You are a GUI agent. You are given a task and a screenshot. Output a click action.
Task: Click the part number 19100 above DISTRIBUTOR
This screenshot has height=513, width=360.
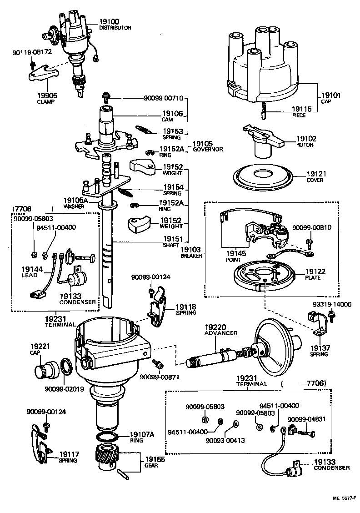[x=109, y=21]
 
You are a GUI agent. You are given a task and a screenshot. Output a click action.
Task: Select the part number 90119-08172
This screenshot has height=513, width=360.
[x=32, y=52]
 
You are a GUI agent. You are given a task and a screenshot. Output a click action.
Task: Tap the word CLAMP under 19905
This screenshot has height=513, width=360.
[x=45, y=102]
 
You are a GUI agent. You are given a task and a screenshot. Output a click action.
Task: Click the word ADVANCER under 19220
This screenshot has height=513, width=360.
[x=221, y=333]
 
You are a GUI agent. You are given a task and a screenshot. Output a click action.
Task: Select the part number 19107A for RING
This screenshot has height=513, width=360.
[x=142, y=434]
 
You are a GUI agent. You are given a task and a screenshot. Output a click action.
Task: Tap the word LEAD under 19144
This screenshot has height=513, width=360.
[x=30, y=276]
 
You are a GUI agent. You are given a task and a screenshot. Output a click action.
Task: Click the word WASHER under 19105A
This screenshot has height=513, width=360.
[x=74, y=206]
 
